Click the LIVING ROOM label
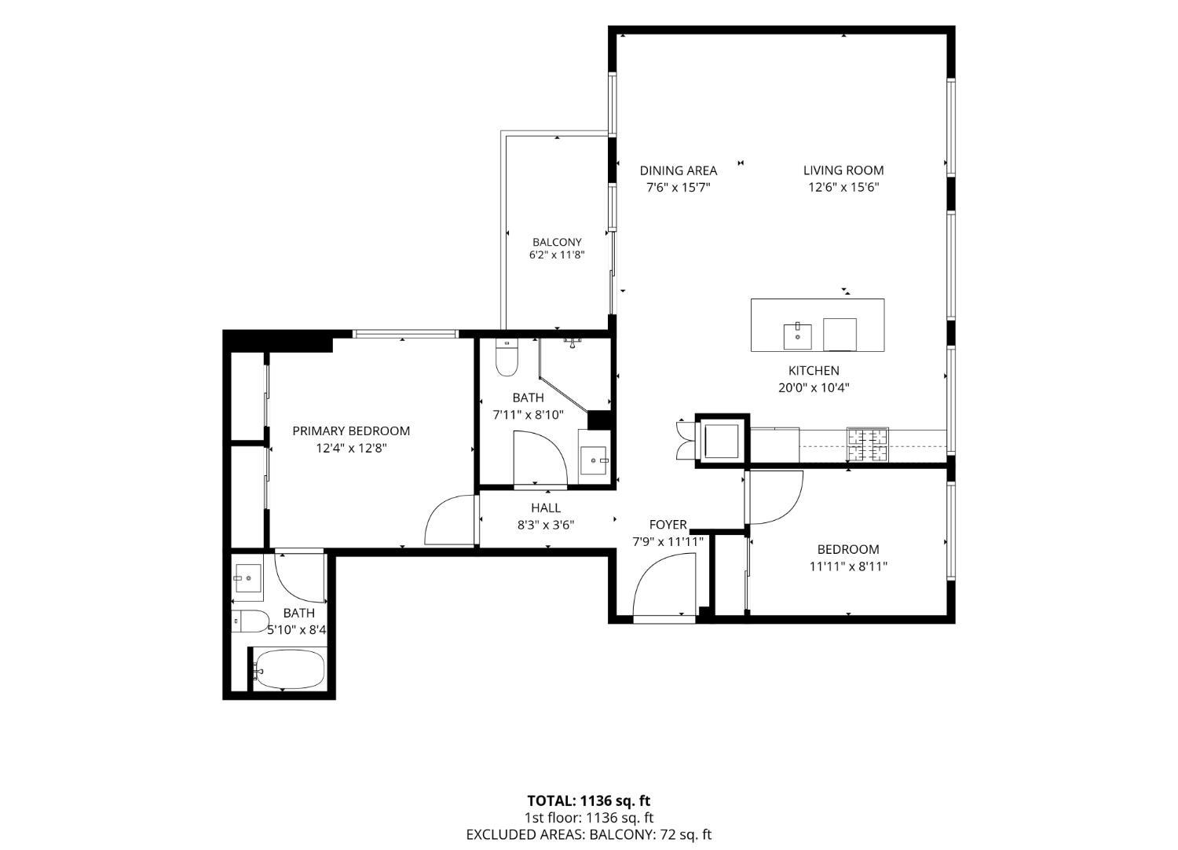843,170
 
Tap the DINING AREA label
679,170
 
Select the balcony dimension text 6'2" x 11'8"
557,255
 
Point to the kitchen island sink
797,336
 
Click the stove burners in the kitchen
867,445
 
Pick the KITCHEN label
814,370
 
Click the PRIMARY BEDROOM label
351,430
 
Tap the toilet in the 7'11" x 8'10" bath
507,357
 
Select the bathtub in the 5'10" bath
288,669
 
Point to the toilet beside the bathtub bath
251,621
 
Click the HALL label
546,507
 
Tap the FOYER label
668,525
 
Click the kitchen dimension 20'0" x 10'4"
814,387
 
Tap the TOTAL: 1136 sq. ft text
588,801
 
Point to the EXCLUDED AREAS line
588,834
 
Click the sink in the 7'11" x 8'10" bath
594,460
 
